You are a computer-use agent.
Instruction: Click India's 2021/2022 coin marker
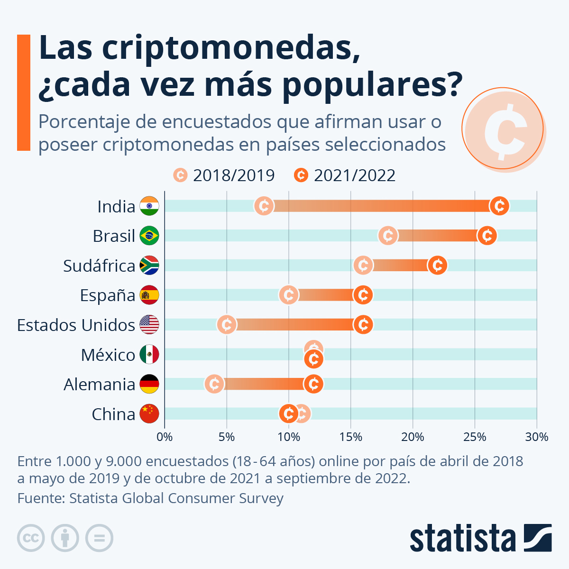pos(499,206)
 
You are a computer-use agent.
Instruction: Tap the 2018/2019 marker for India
pos(264,206)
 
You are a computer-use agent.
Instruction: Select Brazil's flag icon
pos(149,236)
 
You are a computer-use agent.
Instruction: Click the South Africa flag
pos(149,266)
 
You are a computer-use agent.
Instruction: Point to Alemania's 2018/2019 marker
pos(214,384)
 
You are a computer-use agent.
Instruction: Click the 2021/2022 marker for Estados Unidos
pos(363,325)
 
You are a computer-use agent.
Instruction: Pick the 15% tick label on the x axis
pos(351,437)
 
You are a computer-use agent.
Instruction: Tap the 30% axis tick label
pos(536,437)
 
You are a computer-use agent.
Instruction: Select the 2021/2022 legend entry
pos(345,175)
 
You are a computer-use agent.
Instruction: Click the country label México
pos(108,355)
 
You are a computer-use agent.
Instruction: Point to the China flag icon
pos(149,413)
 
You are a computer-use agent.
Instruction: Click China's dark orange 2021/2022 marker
pos(288,413)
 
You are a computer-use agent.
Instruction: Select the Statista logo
pos(480,538)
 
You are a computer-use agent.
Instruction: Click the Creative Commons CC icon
pos(31,538)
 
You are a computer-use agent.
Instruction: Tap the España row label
pos(108,295)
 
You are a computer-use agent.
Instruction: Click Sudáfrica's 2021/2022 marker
pos(437,266)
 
